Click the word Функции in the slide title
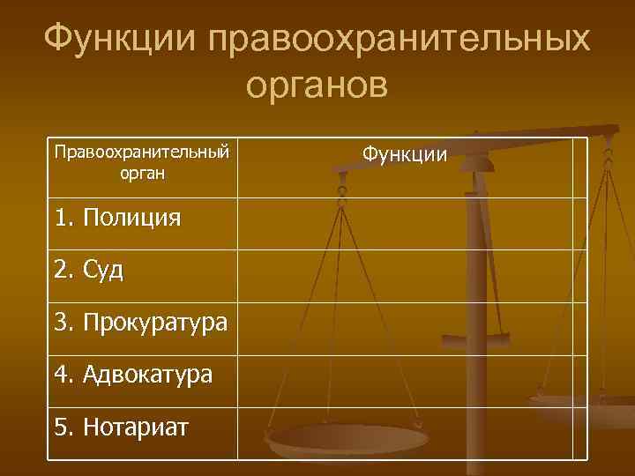116,39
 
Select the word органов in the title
317,85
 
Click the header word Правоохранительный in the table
141,152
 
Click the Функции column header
405,155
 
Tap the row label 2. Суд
88,270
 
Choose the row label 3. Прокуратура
140,323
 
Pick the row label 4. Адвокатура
133,375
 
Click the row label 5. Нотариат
121,428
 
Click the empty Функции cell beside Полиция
412,223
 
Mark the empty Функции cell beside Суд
412,275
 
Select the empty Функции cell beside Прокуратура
412,328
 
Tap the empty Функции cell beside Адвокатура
412,380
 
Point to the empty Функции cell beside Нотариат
412,433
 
